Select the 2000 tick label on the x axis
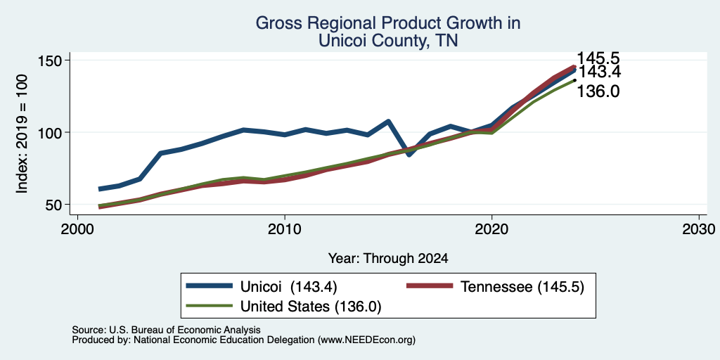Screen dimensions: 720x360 [x=77, y=229]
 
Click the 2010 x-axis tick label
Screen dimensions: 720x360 [x=285, y=229]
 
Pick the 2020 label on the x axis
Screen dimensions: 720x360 [x=491, y=229]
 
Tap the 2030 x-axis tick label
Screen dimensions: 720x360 [x=699, y=229]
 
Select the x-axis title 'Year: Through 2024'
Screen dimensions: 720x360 [x=388, y=259]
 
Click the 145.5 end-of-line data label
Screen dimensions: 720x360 [x=598, y=58]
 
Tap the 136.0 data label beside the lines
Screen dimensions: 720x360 [x=598, y=92]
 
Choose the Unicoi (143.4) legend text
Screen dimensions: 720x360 [x=289, y=287]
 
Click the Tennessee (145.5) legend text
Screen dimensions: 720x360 [x=522, y=287]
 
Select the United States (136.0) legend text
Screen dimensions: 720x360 [x=311, y=307]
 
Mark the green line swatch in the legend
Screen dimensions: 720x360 [x=209, y=305]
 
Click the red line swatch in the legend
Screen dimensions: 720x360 [x=430, y=285]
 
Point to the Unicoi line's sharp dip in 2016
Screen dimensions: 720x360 [x=409, y=155]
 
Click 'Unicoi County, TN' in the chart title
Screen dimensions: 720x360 [x=388, y=40]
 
